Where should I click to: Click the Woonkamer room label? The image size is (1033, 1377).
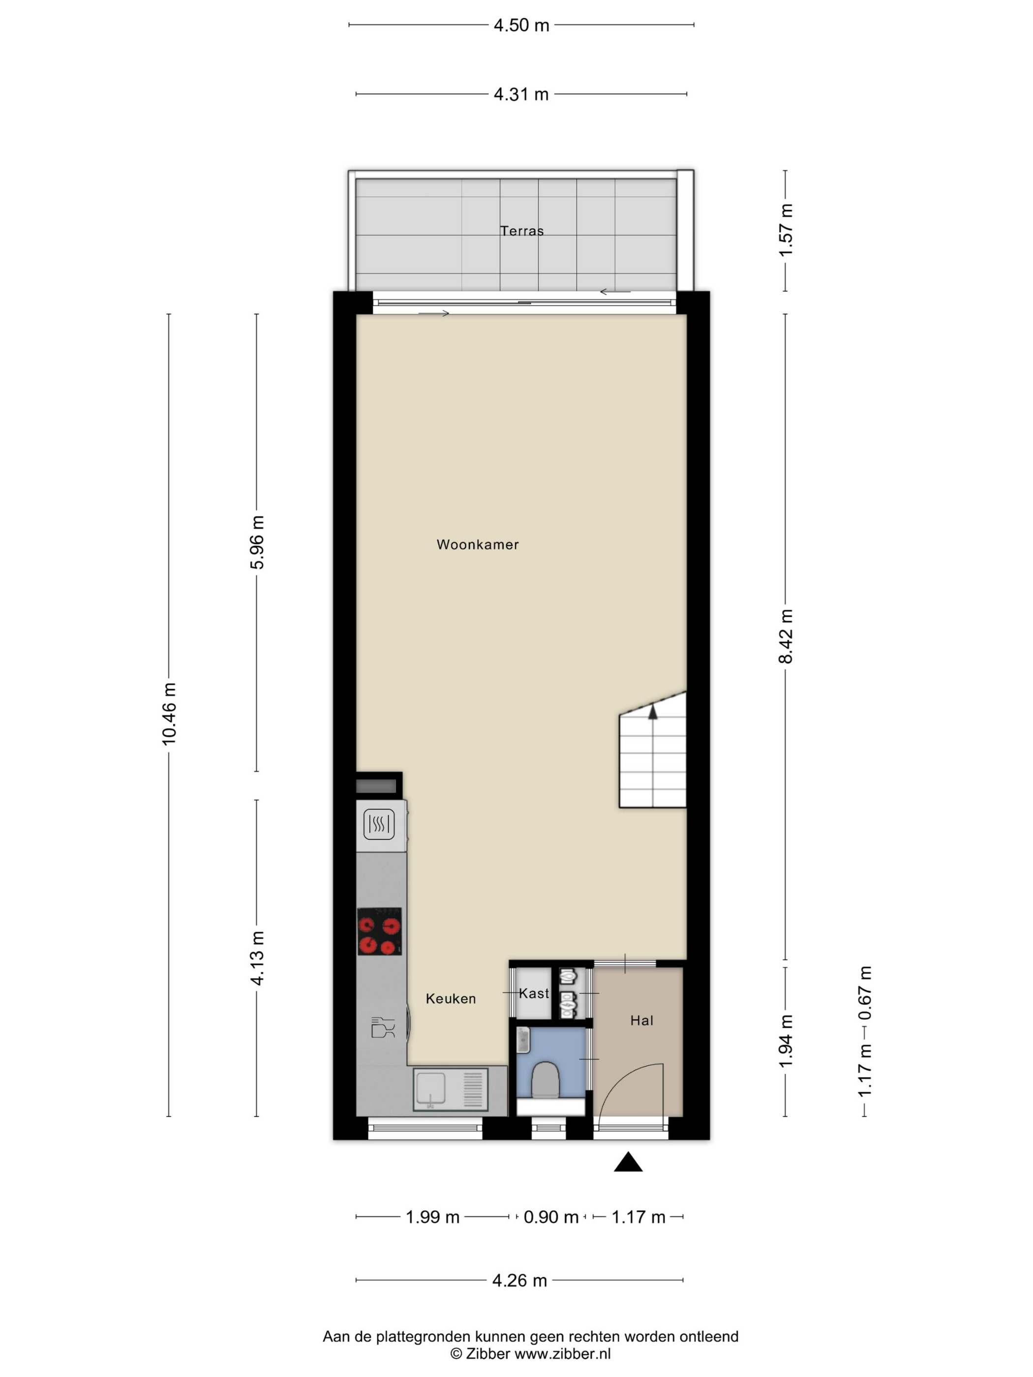(x=478, y=545)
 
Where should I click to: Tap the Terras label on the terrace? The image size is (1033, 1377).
(x=522, y=231)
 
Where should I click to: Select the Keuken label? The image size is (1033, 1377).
(x=451, y=998)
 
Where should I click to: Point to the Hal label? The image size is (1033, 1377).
(x=641, y=1020)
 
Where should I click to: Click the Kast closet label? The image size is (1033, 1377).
(x=534, y=993)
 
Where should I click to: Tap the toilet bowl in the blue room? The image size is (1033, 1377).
(x=547, y=1079)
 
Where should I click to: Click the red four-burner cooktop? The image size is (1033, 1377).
(x=379, y=931)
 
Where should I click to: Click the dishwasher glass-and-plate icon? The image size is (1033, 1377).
(x=383, y=1028)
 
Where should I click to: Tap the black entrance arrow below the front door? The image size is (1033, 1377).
(x=628, y=1162)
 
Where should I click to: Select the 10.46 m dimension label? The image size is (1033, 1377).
(x=169, y=714)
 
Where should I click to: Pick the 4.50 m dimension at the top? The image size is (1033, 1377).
(x=521, y=25)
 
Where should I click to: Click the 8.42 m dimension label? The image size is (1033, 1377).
(x=786, y=636)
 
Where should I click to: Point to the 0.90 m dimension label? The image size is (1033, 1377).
(x=551, y=1217)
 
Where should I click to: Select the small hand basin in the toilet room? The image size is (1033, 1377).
(x=523, y=1039)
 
